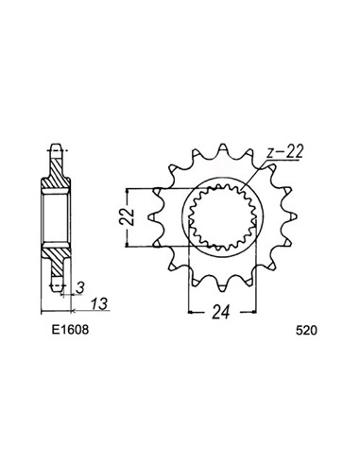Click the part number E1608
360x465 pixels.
pyautogui.click(x=71, y=330)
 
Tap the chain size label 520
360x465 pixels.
pyautogui.click(x=306, y=331)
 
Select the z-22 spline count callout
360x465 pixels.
pyautogui.click(x=284, y=153)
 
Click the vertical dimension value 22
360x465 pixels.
pyautogui.click(x=127, y=216)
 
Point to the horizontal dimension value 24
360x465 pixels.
pyautogui.click(x=222, y=312)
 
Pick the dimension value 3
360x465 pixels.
pyautogui.click(x=81, y=287)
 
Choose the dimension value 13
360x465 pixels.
pyautogui.click(x=99, y=304)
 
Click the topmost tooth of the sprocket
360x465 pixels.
pyautogui.click(x=222, y=150)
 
